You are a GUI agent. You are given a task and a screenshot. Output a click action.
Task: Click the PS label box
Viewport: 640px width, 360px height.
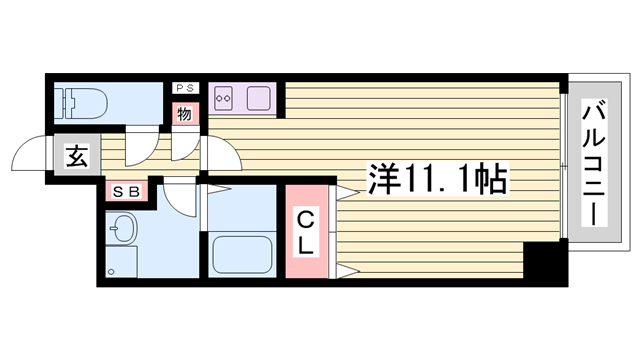click(x=185, y=88)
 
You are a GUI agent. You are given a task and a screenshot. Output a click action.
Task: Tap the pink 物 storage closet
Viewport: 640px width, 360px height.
click(x=185, y=114)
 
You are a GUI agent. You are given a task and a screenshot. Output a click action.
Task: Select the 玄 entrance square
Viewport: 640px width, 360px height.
click(x=77, y=157)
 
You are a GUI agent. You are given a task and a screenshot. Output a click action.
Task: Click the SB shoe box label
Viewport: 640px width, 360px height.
click(x=127, y=191)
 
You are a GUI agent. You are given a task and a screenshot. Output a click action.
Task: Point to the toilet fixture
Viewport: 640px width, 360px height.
click(x=84, y=103)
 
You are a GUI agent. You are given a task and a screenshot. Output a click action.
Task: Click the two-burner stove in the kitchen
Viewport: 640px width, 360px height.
click(x=223, y=98)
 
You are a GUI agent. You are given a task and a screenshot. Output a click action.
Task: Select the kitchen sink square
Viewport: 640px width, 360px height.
click(x=259, y=98)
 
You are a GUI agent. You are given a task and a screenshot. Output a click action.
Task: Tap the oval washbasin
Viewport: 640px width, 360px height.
click(x=124, y=227)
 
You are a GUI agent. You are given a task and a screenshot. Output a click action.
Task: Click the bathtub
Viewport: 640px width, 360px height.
click(x=242, y=255)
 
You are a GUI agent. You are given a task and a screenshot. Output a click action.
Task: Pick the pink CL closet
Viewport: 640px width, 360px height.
click(x=307, y=231)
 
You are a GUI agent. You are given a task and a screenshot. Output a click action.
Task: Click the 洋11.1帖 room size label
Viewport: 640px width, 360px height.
click(x=438, y=178)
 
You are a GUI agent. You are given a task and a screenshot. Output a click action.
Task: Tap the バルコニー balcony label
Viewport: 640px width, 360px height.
click(x=594, y=163)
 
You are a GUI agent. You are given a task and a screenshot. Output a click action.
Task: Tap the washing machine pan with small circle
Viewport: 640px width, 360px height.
click(x=121, y=262)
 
